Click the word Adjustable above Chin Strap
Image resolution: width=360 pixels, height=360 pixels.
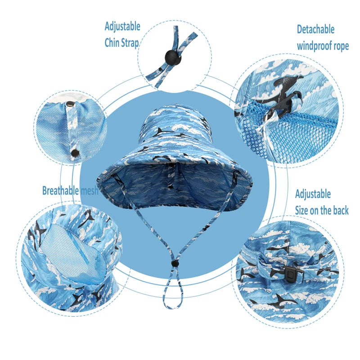(x=122, y=27)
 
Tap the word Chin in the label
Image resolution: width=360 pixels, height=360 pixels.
(x=112, y=43)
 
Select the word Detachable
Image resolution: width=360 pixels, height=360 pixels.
(x=316, y=29)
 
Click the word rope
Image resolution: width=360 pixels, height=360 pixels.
(x=341, y=47)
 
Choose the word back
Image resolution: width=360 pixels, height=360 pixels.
(x=341, y=210)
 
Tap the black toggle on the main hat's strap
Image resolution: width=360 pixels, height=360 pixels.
(x=175, y=264)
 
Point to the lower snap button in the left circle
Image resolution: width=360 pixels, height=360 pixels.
(x=75, y=153)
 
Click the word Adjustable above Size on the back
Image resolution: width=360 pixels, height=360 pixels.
(x=313, y=194)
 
